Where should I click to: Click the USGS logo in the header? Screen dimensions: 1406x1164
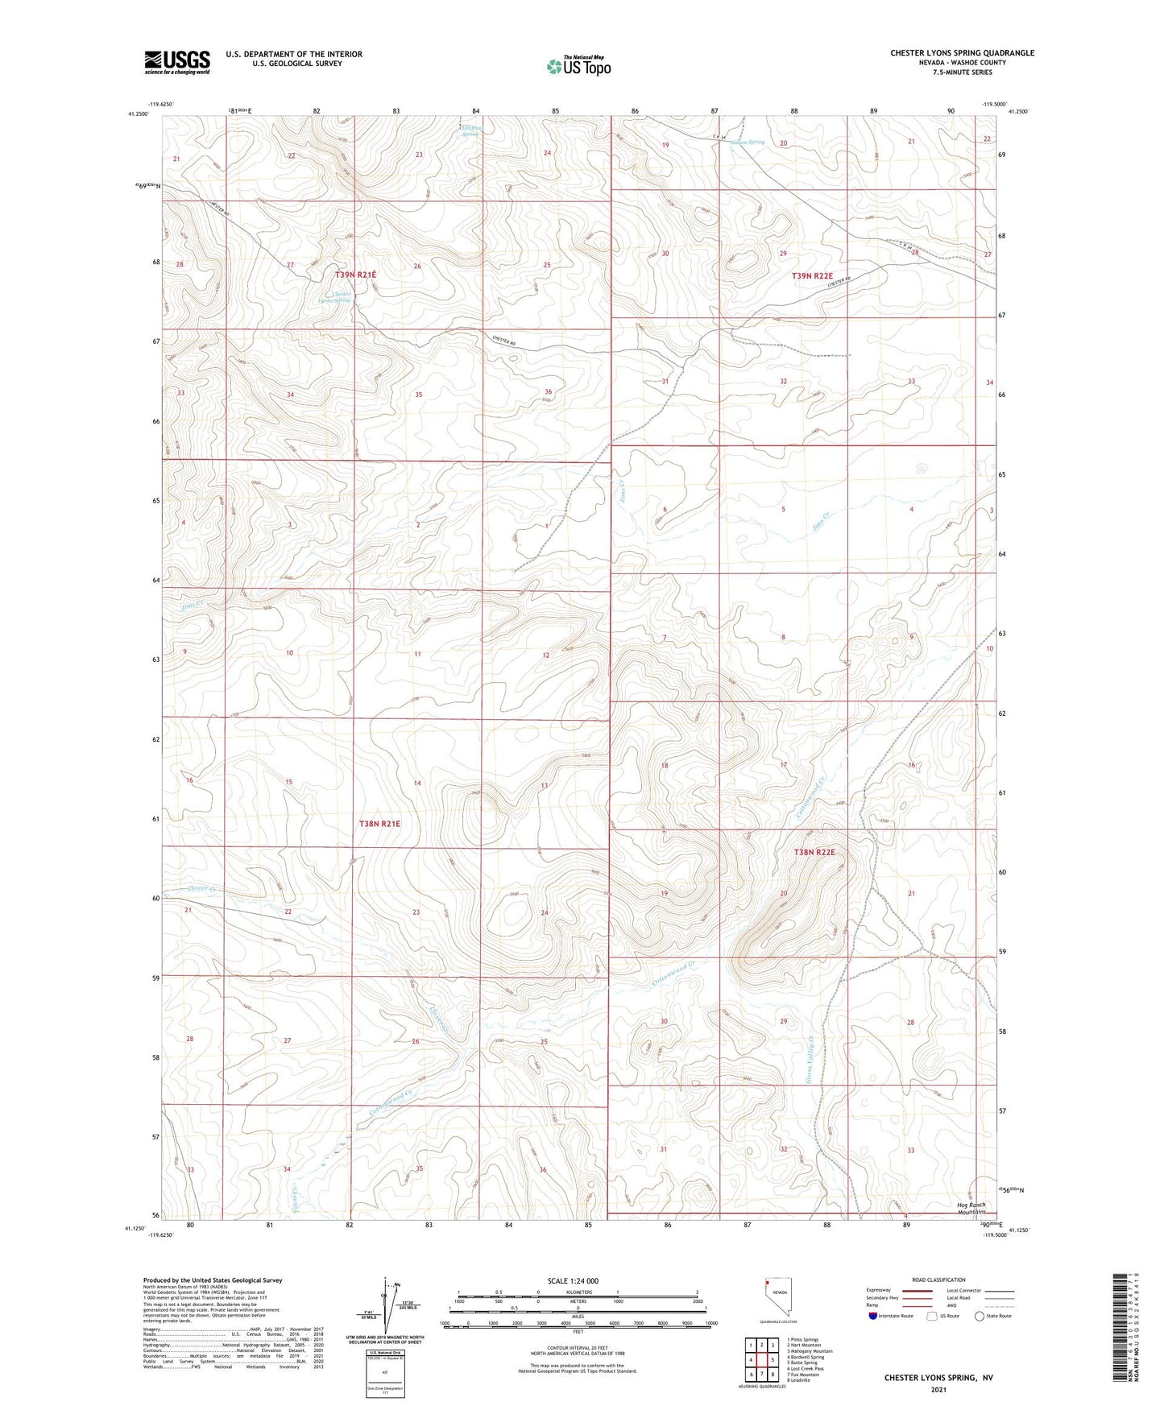176,62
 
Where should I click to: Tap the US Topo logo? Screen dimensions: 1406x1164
578,66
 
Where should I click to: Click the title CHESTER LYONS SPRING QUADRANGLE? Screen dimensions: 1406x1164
962,53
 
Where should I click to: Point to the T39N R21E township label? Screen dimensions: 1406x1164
355,275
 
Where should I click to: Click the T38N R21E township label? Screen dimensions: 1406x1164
379,824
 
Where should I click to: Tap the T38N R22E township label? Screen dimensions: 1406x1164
814,852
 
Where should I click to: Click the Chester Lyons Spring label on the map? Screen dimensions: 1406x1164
335,297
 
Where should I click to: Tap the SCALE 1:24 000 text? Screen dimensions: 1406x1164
573,1280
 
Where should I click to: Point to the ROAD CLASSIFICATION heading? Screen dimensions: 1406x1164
938,1280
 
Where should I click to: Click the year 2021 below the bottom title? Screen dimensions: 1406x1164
938,1390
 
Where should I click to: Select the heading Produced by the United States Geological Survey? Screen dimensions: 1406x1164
213,1280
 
